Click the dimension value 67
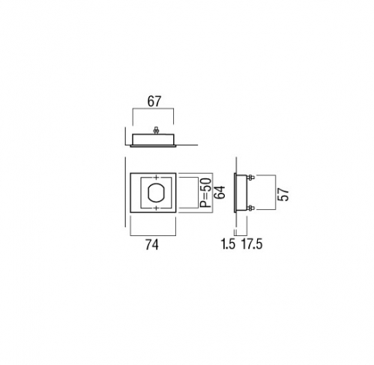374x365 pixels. [154, 101]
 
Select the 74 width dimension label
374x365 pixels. [152, 245]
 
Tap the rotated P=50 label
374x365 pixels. [206, 193]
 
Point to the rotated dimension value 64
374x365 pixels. [220, 193]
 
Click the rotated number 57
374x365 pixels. [284, 195]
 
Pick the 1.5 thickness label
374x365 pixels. [228, 244]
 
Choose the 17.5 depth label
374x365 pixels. [252, 244]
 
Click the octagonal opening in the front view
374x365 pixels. [156, 193]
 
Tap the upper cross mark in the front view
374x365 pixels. [156, 178]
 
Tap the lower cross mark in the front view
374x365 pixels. [156, 208]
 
